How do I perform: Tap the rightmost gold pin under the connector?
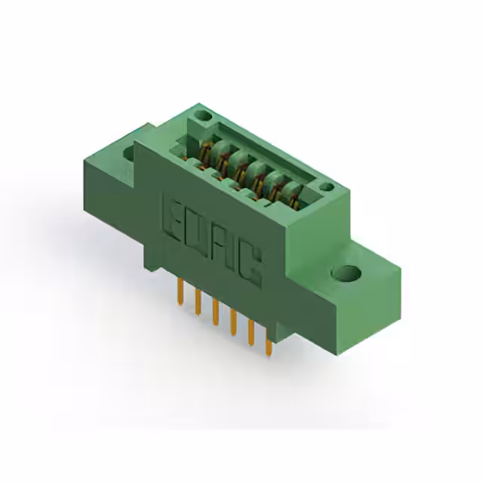(x=268, y=347)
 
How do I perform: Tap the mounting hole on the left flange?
(x=128, y=154)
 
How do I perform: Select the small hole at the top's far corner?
(x=202, y=116)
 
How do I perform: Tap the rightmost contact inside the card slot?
(x=291, y=195)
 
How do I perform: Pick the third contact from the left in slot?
(x=241, y=168)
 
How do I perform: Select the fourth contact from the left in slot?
(x=259, y=177)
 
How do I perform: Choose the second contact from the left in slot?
(x=223, y=158)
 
